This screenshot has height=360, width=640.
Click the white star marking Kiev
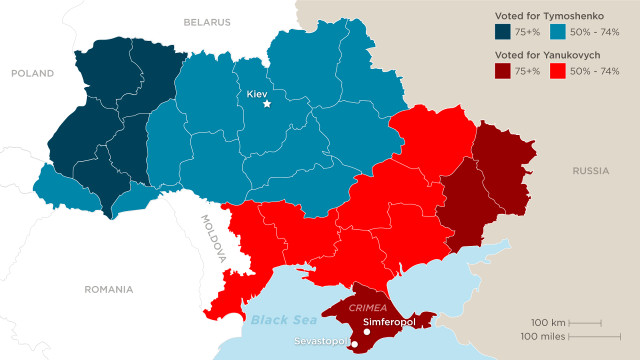[x=266, y=104]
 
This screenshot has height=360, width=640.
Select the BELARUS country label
[x=207, y=21]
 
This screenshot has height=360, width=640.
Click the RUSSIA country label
[x=590, y=171]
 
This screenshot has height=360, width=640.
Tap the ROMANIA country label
[x=108, y=289]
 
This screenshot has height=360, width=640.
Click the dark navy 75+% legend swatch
[x=503, y=32]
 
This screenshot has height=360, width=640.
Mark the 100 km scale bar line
[x=584, y=322]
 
